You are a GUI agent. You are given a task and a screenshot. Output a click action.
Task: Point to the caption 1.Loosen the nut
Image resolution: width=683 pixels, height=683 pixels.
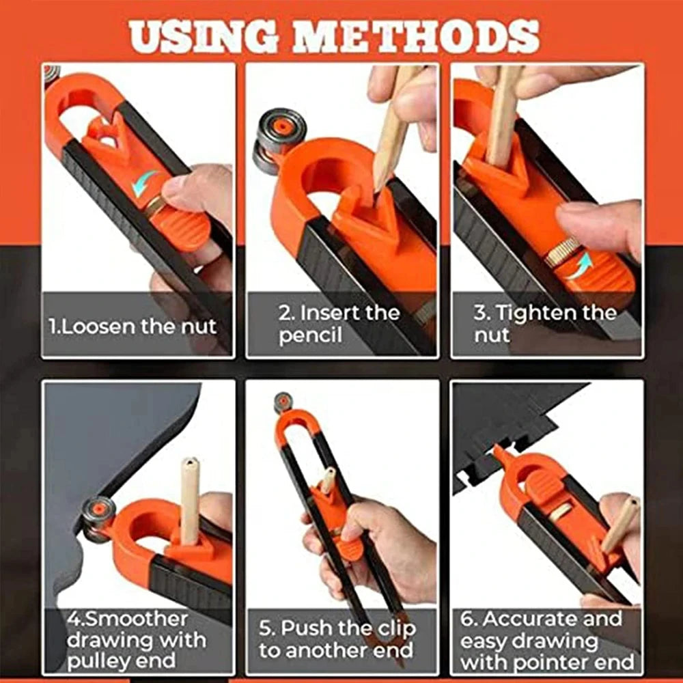pos(133,326)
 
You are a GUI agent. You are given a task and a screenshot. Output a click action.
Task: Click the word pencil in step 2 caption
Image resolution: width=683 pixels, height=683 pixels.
pos(310,335)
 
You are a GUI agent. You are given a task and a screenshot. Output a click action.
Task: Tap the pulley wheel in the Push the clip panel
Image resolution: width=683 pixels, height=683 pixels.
pos(282,402)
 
